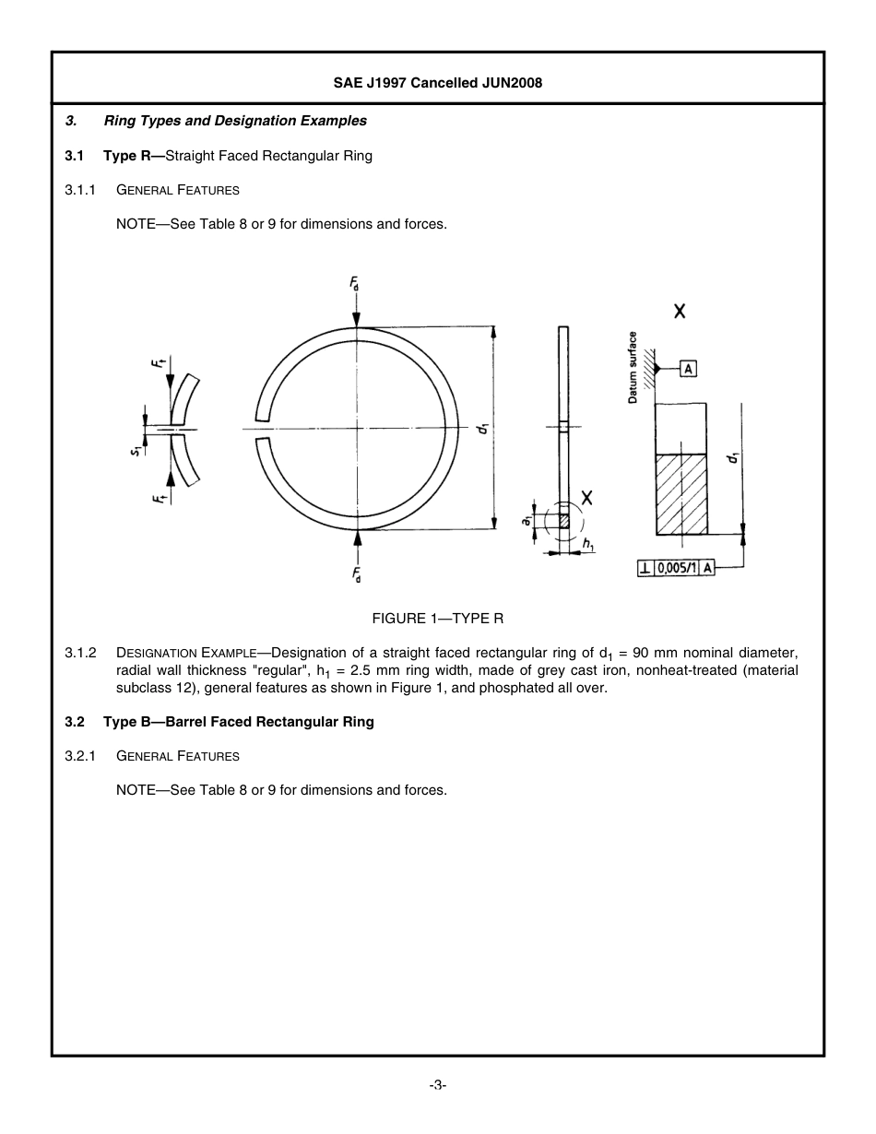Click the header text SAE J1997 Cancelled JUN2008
click(x=437, y=83)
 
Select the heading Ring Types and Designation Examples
click(x=234, y=121)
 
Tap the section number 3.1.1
click(x=80, y=190)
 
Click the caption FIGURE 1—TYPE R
click(x=438, y=618)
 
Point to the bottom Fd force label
click(x=356, y=575)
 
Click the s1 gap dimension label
click(x=135, y=450)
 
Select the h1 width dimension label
click(x=588, y=547)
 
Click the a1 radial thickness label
click(x=527, y=522)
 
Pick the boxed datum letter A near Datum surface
click(x=688, y=369)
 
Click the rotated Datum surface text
click(x=633, y=367)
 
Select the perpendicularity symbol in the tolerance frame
click(x=645, y=569)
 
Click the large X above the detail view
click(x=679, y=312)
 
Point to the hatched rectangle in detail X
click(x=681, y=494)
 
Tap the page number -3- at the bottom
click(x=438, y=1085)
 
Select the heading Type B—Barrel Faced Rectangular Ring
click(x=238, y=722)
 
